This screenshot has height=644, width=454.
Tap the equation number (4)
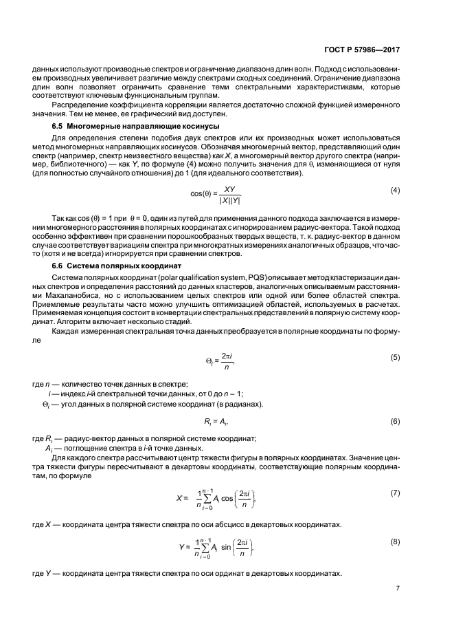395,189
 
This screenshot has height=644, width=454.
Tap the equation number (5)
395,358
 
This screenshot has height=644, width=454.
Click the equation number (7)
395,494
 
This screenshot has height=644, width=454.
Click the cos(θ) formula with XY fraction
216,195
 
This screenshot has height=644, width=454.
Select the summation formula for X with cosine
216,500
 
